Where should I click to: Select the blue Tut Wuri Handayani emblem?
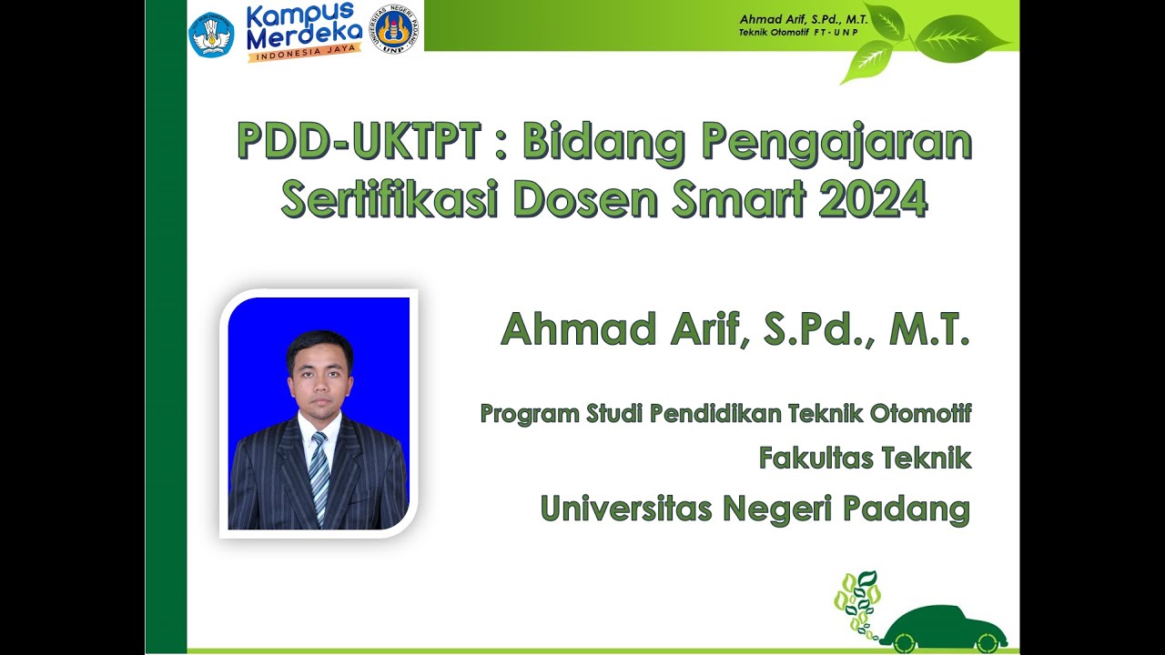coord(211,35)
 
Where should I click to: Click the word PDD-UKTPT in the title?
coord(358,142)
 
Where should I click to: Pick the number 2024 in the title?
coord(873,199)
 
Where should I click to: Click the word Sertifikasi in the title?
coord(390,199)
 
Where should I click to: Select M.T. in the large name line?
coord(929,329)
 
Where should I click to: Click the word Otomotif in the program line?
coord(920,414)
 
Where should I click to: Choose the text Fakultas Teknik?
coord(865,458)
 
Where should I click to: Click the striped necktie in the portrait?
coord(318,473)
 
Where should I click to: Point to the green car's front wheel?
coord(986,642)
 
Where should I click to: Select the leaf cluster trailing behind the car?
coord(857,600)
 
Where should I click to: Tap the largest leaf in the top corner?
coord(960,38)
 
